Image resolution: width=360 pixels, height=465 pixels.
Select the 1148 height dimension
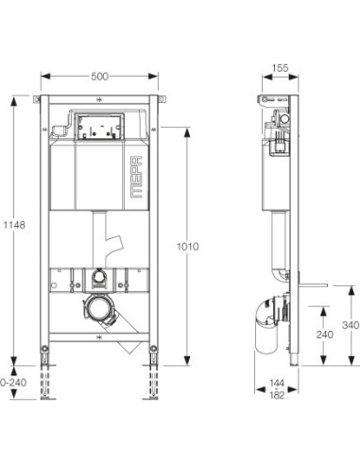pos(9,226)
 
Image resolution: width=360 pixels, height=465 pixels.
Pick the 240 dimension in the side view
pos(322,334)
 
